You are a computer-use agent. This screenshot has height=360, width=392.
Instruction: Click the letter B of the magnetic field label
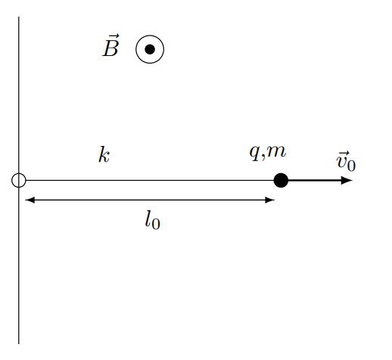(x=110, y=48)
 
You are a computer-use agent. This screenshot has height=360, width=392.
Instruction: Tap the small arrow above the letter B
(x=112, y=36)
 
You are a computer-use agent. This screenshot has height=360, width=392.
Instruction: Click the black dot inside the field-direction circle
(x=150, y=49)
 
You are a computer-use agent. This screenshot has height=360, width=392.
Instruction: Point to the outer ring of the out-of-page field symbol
(x=136, y=49)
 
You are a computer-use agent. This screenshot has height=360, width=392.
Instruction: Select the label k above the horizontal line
(x=104, y=154)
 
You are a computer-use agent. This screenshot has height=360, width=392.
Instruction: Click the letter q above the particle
(x=255, y=154)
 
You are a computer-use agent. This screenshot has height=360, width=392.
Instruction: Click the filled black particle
(x=281, y=180)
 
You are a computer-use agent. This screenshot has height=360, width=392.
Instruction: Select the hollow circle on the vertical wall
(x=12, y=180)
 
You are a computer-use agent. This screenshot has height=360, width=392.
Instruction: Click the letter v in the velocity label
(x=341, y=162)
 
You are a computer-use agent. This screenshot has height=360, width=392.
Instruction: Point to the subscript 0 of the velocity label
(x=351, y=166)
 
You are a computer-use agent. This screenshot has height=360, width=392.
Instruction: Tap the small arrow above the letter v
(x=343, y=154)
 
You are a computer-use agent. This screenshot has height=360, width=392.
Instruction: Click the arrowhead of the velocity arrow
(x=347, y=180)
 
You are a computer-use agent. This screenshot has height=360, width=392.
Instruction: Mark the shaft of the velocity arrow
(x=315, y=180)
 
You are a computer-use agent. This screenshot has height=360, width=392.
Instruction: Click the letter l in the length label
(x=148, y=219)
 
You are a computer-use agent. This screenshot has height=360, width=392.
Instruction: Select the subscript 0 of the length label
(x=156, y=224)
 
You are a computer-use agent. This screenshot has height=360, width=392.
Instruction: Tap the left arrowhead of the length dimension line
(x=30, y=200)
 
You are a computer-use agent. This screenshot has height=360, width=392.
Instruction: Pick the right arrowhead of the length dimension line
(x=270, y=200)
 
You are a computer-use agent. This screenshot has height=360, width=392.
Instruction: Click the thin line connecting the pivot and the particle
(x=150, y=180)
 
